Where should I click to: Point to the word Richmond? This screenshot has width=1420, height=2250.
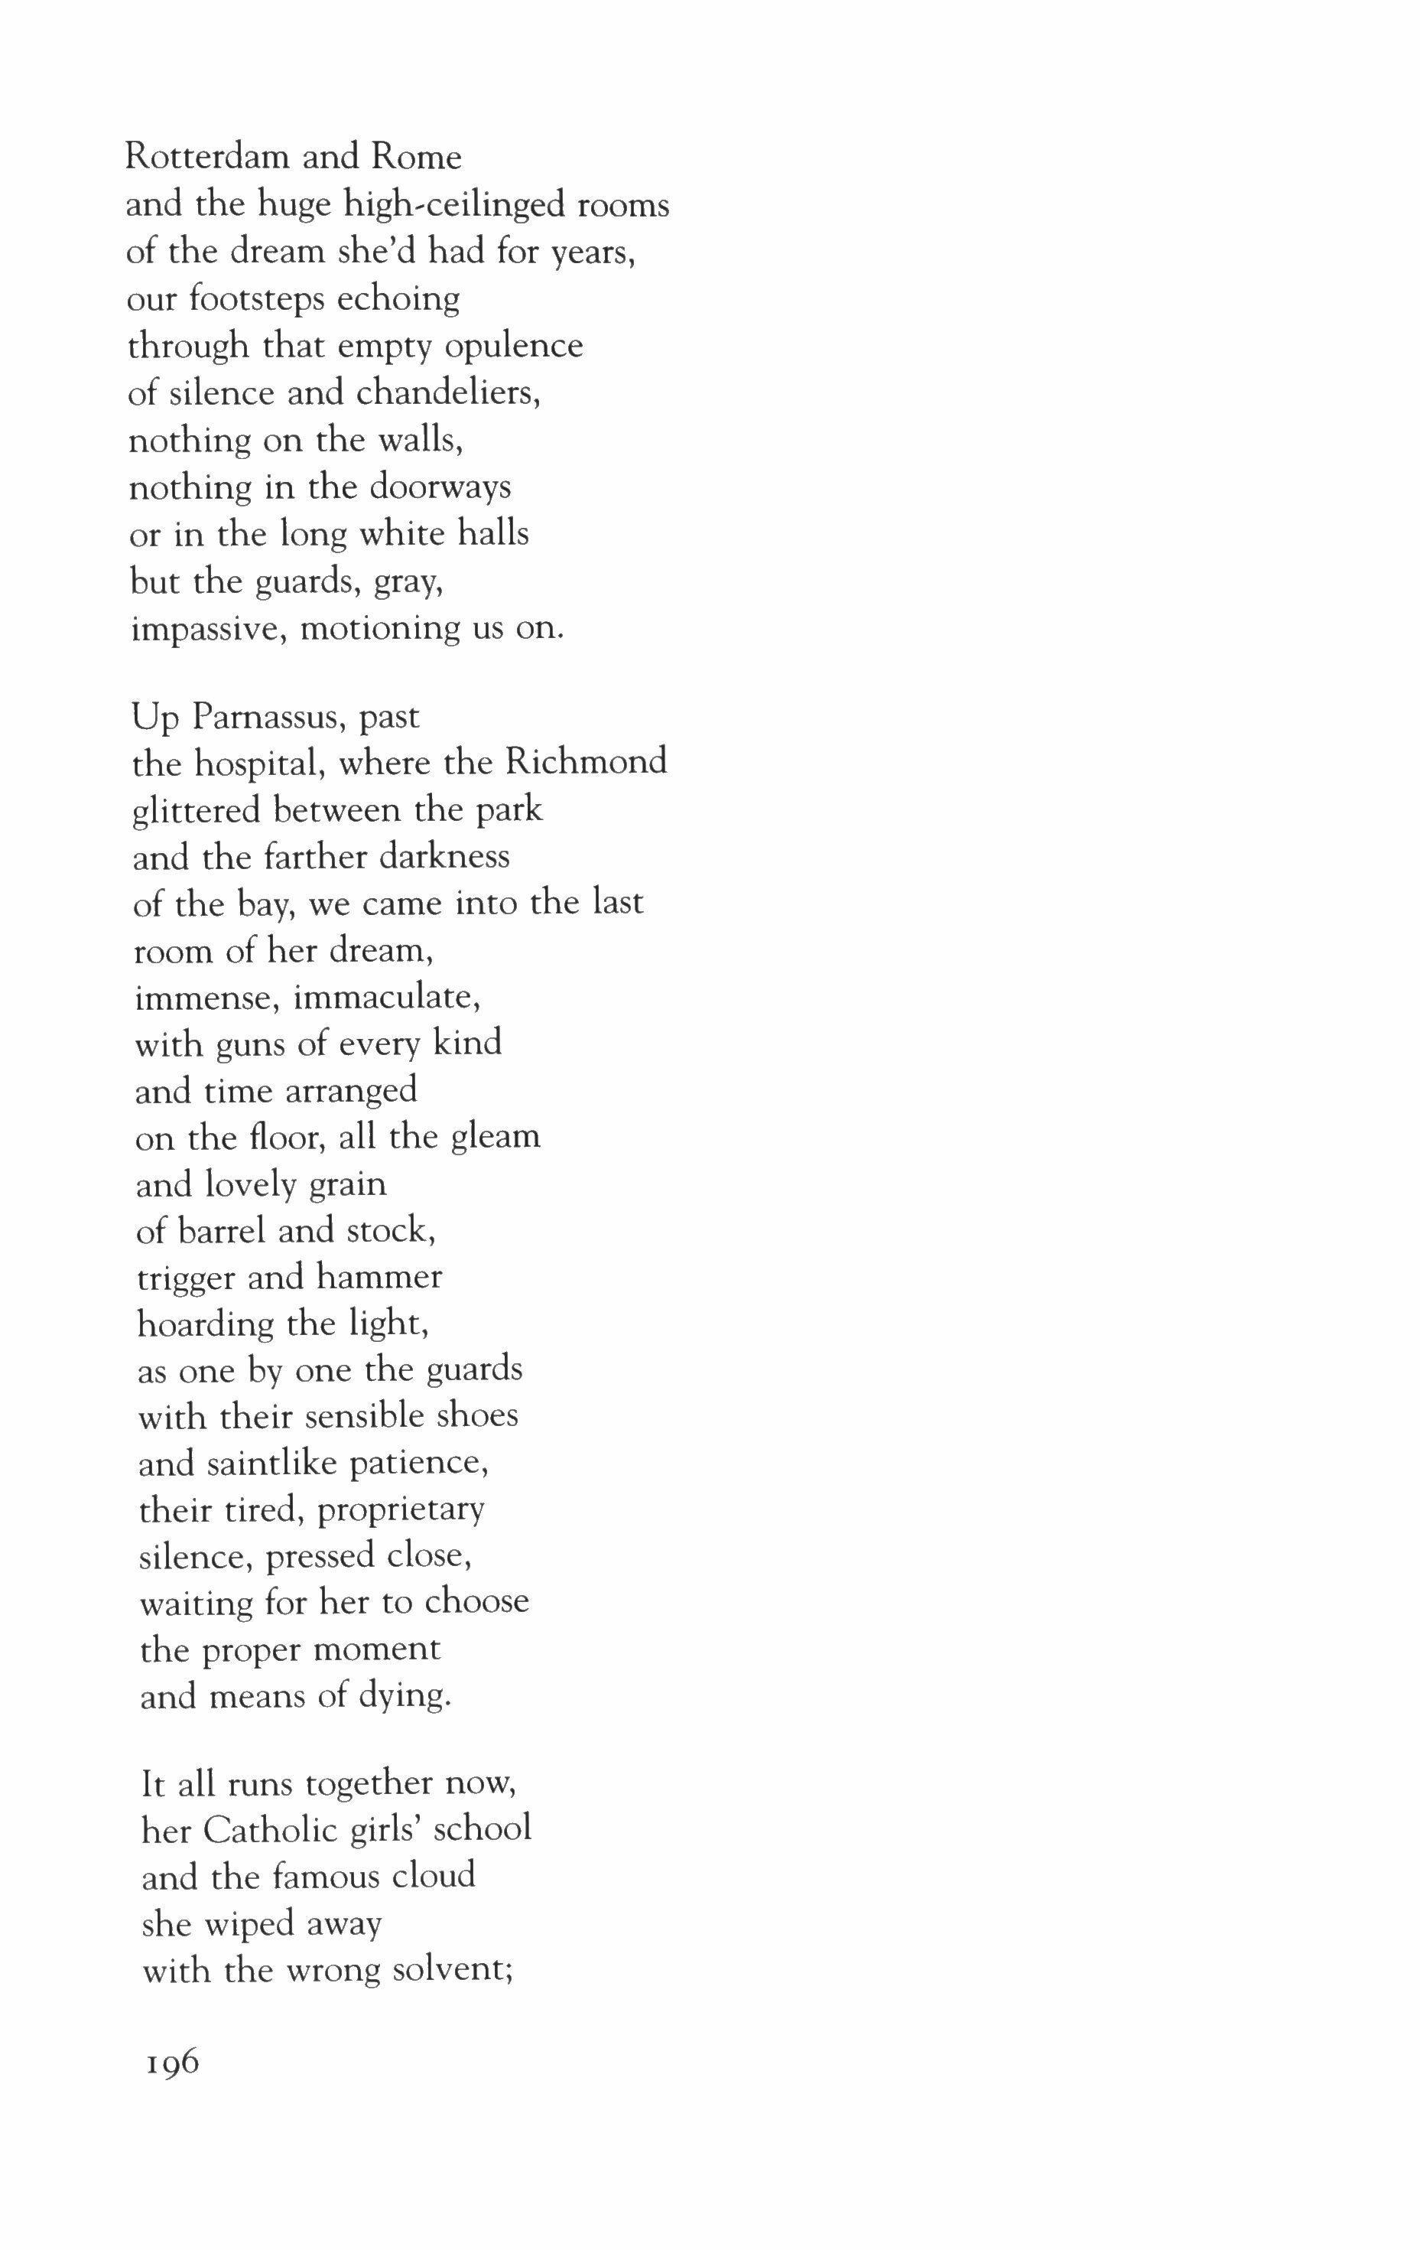coord(586,764)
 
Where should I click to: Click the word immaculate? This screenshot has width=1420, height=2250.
coord(387,998)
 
